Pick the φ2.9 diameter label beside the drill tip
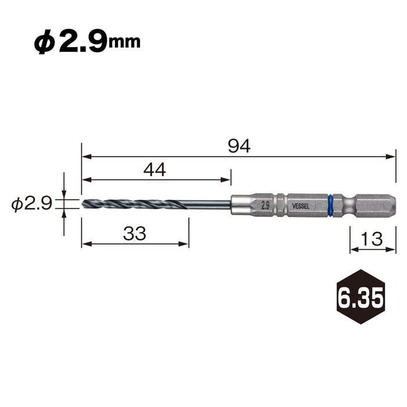31,203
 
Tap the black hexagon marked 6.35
360,297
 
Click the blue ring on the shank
330,204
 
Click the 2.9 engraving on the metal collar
265,205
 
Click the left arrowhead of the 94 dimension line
85,156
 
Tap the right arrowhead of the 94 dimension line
392,156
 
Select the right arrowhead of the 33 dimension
185,244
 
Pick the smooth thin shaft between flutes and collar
209,204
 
